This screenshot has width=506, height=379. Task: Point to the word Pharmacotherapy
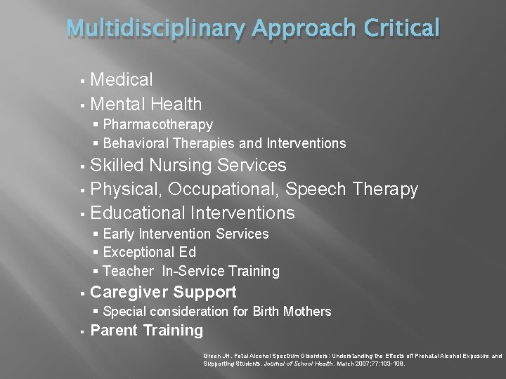pos(162,124)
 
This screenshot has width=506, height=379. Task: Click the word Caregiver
pos(128,292)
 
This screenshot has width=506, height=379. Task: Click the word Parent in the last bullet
pos(114,331)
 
